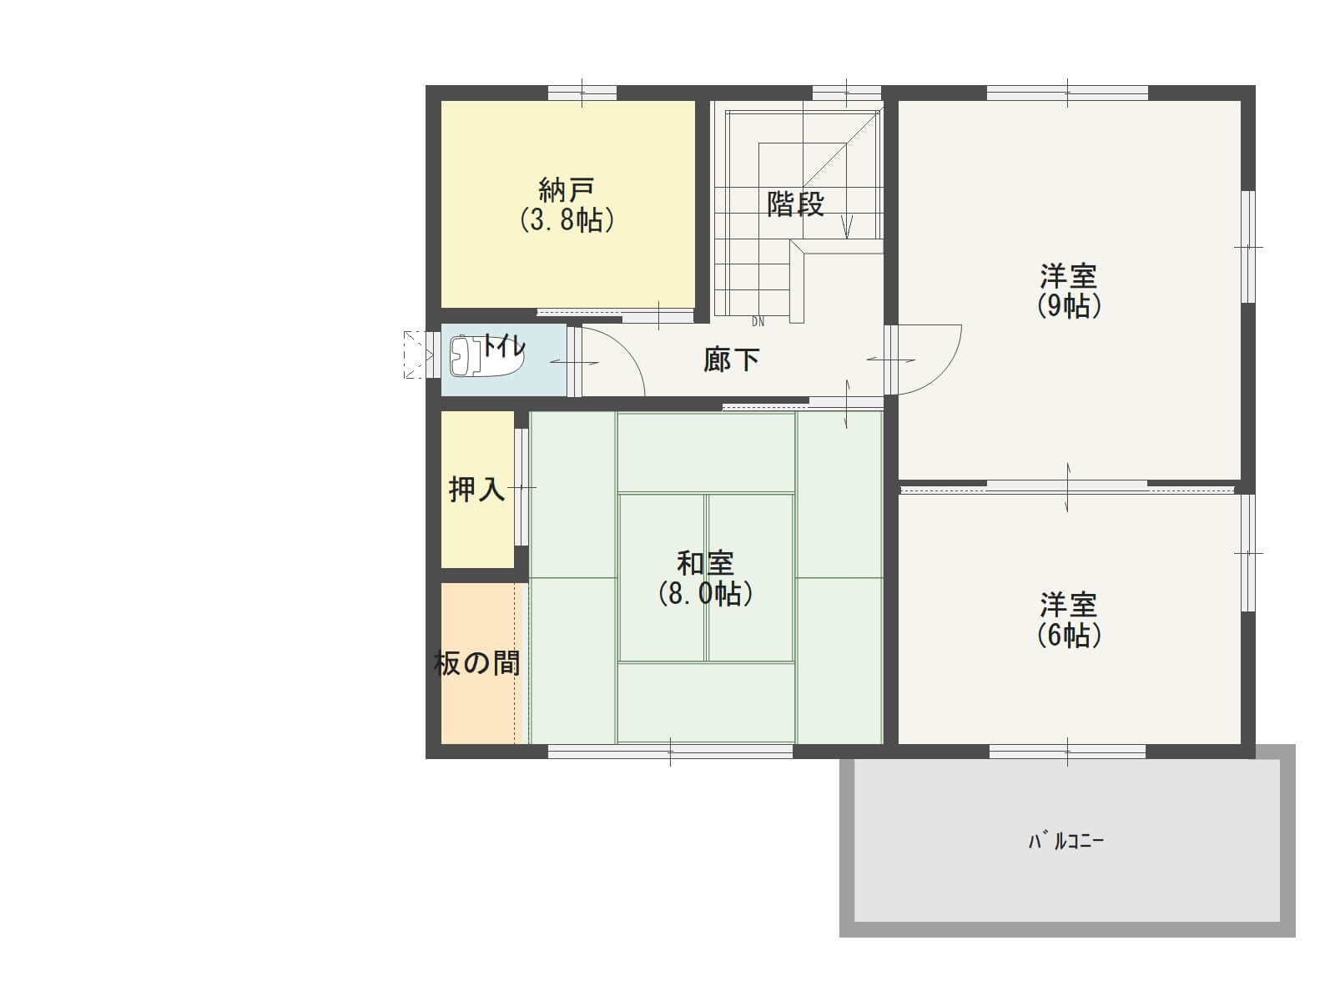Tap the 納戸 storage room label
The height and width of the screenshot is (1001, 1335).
566,190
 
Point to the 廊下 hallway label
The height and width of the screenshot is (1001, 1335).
731,360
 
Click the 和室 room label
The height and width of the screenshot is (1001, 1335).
706,563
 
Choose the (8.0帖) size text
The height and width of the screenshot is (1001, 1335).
706,594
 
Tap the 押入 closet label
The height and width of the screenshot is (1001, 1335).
476,489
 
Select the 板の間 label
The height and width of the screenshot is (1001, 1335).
476,663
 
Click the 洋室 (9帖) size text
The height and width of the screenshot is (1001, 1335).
1069,305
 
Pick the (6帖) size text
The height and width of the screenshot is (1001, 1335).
1069,635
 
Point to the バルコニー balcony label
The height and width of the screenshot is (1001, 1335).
1065,841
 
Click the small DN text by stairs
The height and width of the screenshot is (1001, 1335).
758,322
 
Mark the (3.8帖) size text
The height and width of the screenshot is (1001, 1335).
566,220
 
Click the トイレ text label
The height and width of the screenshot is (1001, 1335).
503,347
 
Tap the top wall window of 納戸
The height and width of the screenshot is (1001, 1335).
582,93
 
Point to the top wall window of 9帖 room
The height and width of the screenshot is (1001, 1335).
1067,93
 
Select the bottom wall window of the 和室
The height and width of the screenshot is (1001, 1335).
670,752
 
